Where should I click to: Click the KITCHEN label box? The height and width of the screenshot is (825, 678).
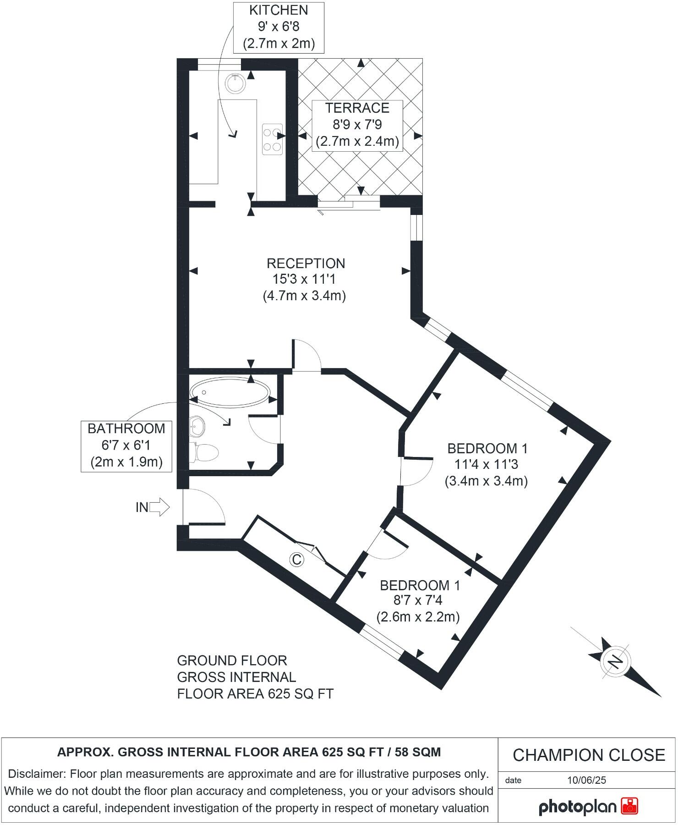279,27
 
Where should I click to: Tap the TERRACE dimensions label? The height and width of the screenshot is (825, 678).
357,125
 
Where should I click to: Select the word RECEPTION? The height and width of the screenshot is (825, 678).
306,264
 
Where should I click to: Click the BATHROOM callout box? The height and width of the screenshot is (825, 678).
126,445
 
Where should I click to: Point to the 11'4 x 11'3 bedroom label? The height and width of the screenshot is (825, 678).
486,464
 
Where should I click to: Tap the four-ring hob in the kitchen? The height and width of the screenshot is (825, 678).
272,139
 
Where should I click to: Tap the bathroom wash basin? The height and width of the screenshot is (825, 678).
198,426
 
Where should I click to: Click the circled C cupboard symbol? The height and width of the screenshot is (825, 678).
297,559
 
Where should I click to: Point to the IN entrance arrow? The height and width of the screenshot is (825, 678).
159,507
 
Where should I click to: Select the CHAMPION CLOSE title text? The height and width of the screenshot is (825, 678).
589,755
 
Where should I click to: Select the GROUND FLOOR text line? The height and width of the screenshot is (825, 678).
232,660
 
